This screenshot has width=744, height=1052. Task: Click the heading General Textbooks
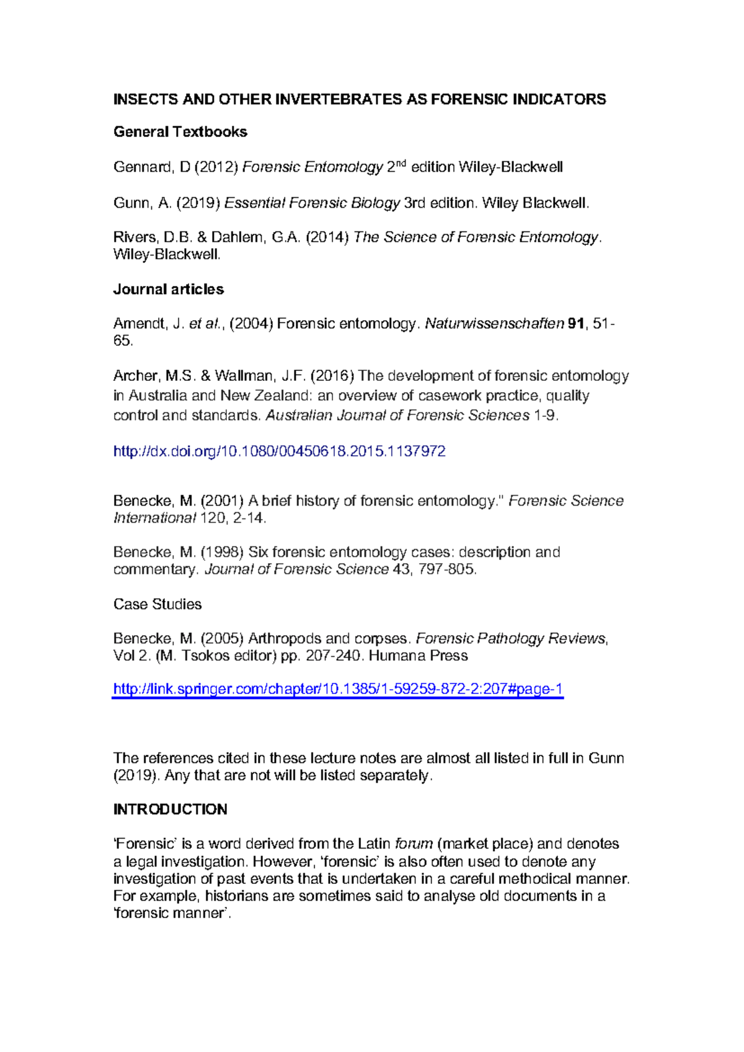click(x=180, y=131)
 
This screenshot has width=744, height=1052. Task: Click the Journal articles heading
click(x=168, y=289)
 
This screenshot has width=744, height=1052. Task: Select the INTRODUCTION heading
click(x=170, y=809)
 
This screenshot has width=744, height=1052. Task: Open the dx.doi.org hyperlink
click(x=279, y=451)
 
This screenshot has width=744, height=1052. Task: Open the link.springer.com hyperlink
click(x=337, y=689)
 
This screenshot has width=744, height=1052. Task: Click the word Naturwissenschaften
click(x=494, y=323)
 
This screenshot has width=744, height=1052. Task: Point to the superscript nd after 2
click(x=401, y=163)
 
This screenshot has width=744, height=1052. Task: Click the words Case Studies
click(x=157, y=604)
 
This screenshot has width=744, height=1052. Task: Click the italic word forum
click(x=414, y=844)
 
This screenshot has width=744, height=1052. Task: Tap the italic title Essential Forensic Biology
click(x=312, y=203)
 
